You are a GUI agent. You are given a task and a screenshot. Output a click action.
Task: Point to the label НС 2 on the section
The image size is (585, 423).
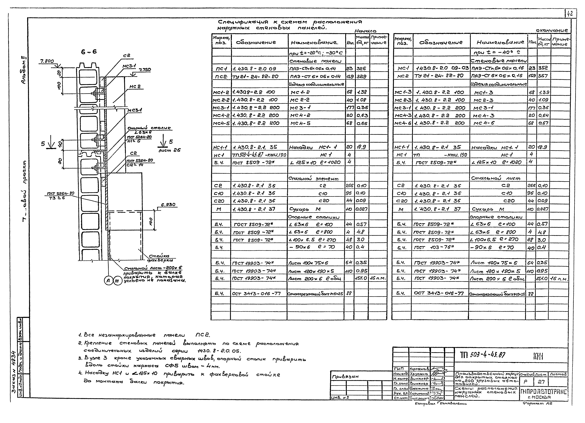135,87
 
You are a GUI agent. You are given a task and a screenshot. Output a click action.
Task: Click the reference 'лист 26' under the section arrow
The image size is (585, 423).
169,150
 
